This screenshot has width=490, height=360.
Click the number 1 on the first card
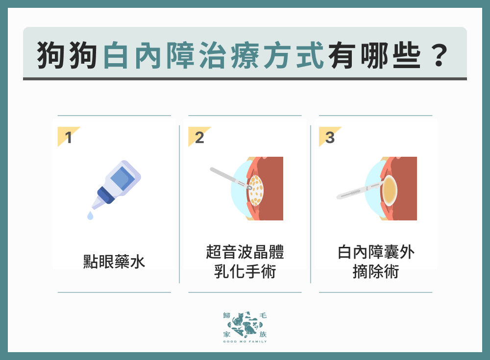pyautogui.click(x=69, y=138)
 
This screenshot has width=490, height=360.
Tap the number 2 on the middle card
pyautogui.click(x=199, y=138)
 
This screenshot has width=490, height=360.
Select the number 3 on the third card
pyautogui.click(x=330, y=138)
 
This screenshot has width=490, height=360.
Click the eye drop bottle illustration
pyautogui.click(x=118, y=183)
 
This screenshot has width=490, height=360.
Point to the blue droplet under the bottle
pyautogui.click(x=90, y=215)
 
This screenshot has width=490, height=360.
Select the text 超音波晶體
pyautogui.click(x=245, y=253)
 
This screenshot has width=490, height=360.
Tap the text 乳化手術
pyautogui.click(x=245, y=271)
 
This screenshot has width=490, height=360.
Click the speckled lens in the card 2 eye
pyautogui.click(x=256, y=191)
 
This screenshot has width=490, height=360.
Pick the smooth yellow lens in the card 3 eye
pyautogui.click(x=390, y=190)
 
